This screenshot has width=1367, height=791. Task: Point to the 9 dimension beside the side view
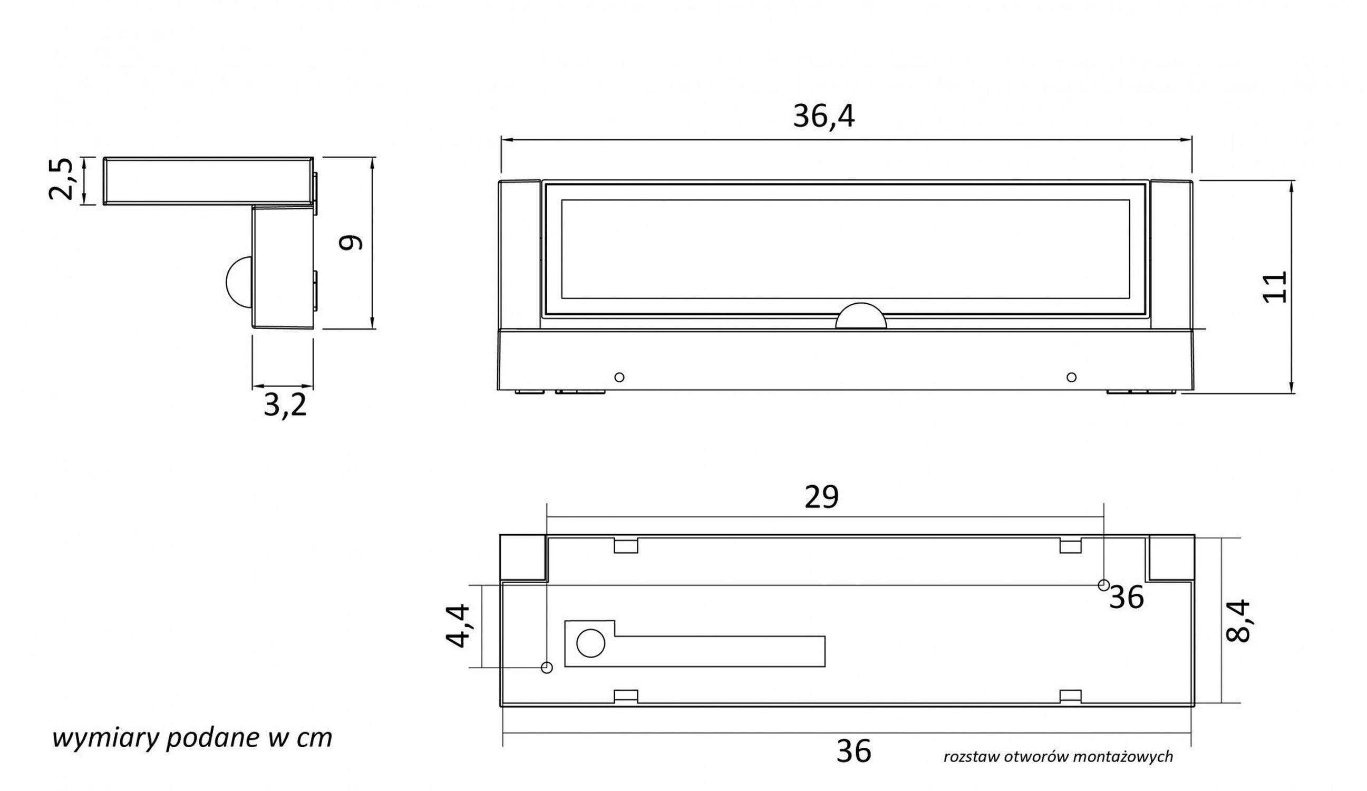(351, 242)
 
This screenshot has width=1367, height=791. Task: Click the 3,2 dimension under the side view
(285, 404)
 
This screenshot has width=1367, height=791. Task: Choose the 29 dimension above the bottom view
(821, 496)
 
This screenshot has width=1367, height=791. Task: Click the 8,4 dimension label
(1238, 621)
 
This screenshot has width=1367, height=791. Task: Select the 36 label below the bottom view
(854, 751)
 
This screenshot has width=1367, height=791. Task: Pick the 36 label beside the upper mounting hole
(1127, 597)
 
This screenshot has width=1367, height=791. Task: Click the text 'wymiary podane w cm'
(192, 738)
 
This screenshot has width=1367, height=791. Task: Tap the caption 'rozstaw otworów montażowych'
(1058, 756)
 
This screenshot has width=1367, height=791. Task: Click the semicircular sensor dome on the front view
(860, 317)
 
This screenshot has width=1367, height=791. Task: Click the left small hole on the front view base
(619, 377)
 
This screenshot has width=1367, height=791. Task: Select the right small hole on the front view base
(1071, 377)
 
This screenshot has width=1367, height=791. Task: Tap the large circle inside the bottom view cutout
(590, 643)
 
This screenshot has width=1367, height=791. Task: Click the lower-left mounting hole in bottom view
(547, 668)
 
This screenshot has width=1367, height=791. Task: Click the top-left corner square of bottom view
(522, 557)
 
